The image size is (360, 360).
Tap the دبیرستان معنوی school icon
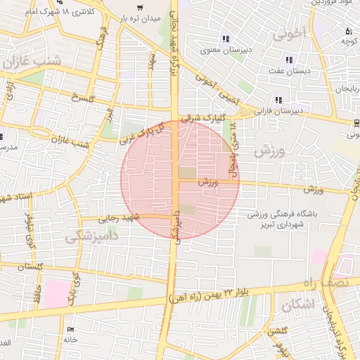coord(226,39)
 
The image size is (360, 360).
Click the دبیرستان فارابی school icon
coord(279,100)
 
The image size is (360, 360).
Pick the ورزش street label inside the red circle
coord(209,182)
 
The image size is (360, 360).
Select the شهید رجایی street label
coord(123,219)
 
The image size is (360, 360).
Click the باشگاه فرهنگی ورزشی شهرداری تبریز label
coord(284,218)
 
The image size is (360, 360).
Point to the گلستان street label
coord(28,266)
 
